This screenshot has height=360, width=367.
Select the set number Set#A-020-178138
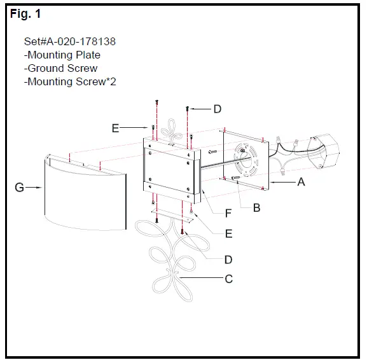tap(69, 42)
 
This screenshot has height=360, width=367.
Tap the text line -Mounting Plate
tap(62, 55)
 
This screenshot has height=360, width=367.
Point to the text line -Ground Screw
tap(60, 68)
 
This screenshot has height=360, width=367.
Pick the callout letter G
tap(20, 188)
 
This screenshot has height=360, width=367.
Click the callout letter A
tap(301, 181)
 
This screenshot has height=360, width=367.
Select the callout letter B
tap(256, 207)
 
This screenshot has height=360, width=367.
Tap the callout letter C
tap(228, 279)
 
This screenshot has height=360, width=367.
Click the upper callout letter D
tap(218, 109)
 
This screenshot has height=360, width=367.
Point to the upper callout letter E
tap(115, 128)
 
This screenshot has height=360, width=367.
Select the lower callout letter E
tap(228, 233)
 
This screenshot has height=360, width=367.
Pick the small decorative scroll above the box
tap(170, 131)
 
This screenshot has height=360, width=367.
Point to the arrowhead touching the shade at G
tap(42, 188)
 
